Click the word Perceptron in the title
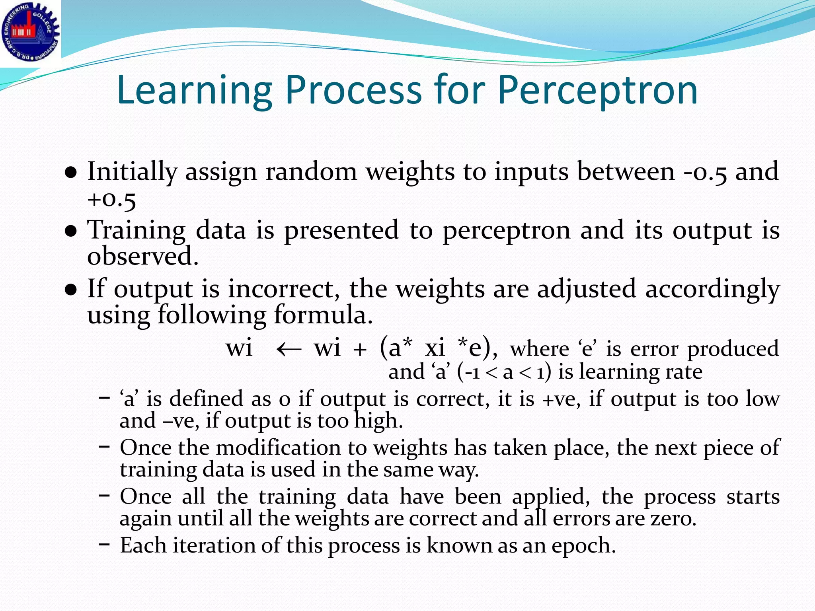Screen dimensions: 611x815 [x=597, y=91]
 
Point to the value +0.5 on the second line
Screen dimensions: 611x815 [x=112, y=199]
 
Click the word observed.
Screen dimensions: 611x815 [x=142, y=256]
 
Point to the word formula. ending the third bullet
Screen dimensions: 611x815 [x=323, y=315]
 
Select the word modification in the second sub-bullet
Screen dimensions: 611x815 [x=278, y=448]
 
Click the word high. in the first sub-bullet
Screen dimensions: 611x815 [x=378, y=421]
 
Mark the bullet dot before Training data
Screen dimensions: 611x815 [x=70, y=232]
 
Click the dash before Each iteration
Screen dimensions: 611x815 [x=104, y=544]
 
